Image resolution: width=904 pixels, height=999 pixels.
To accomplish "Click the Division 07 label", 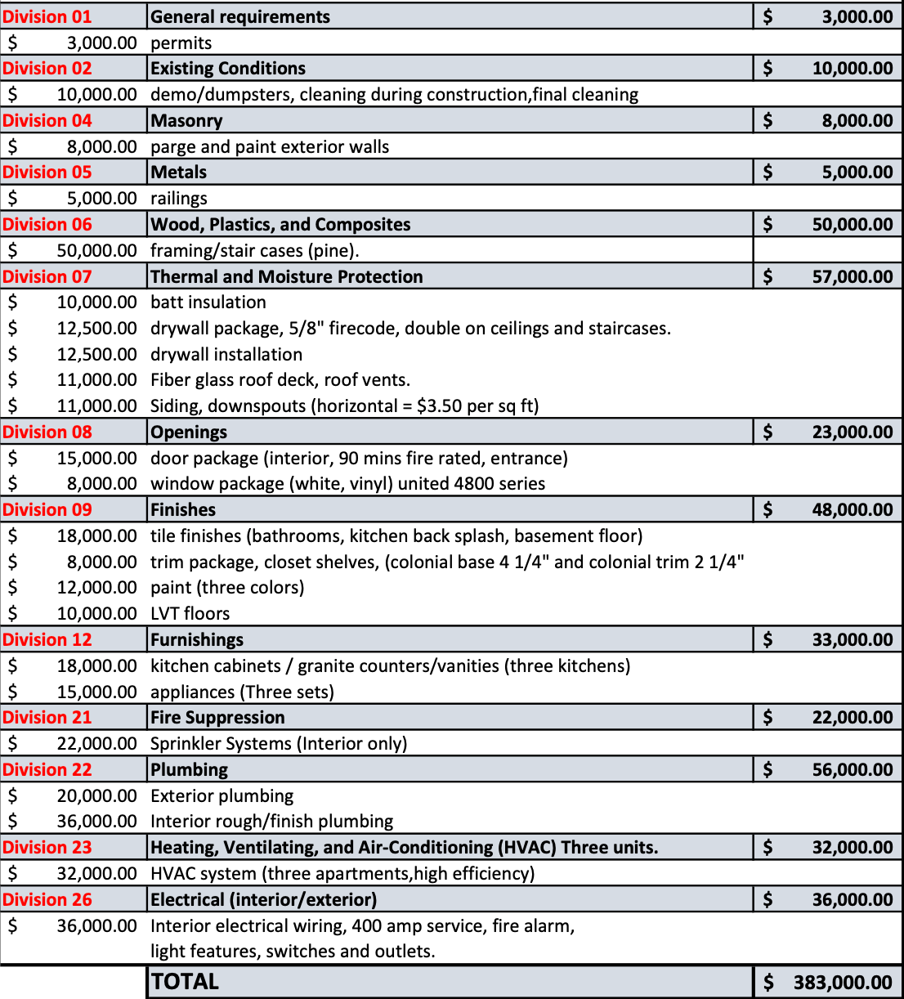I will point(47,276).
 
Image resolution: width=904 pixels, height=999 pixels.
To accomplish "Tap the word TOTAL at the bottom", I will point(186,982).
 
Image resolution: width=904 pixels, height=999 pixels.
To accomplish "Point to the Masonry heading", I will point(187,121).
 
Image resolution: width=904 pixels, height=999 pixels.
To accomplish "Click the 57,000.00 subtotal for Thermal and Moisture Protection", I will point(852,276).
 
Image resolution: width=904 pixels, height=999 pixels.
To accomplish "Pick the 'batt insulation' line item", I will point(208,302).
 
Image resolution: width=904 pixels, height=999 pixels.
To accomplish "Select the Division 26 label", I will point(47,899).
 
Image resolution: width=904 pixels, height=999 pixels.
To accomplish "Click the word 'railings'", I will point(179,199).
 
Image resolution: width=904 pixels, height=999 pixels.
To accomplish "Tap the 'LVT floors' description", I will point(190,613).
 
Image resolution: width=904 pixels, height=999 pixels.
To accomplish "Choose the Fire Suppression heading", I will point(218,718).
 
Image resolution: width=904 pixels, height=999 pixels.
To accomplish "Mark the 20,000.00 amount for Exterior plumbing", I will point(96,795).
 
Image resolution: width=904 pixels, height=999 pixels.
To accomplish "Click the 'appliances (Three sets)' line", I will point(243,692).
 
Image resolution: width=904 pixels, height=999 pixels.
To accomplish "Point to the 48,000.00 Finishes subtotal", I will point(852,509).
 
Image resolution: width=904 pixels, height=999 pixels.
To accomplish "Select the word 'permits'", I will point(181,43).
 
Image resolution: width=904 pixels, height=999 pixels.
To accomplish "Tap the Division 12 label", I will point(47,639).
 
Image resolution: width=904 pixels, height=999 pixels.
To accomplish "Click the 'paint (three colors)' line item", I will point(227,588).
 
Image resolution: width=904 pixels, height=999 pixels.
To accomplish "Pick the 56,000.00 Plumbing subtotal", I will point(852,769).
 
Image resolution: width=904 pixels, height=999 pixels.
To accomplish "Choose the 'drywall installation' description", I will point(226,354).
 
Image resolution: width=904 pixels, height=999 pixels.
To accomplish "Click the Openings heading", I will point(190,432).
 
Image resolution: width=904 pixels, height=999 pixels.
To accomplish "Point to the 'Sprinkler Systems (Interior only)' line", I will point(279,744).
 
